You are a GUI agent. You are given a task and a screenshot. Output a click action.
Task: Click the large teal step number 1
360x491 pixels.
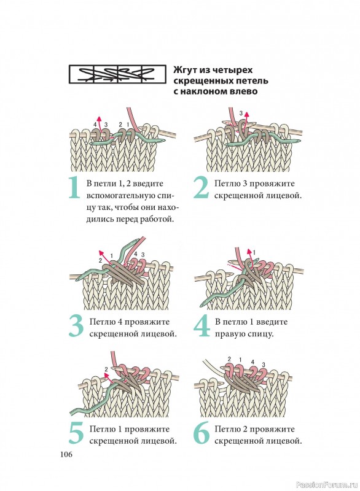click(x=74, y=188)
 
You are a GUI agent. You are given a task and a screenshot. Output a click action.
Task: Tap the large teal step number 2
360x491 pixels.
click(x=201, y=188)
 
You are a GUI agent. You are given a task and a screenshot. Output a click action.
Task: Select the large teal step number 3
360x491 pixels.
click(x=76, y=327)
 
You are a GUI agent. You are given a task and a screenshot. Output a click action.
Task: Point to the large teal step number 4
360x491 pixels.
click(x=202, y=327)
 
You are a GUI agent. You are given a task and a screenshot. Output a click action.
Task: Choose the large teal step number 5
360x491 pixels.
click(x=76, y=434)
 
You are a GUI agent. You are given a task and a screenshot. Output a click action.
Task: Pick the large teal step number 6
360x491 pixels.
click(x=202, y=434)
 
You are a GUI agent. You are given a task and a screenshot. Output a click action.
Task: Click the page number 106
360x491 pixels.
click(x=66, y=454)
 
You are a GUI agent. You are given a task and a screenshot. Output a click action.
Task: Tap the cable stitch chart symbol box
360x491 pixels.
click(x=117, y=74)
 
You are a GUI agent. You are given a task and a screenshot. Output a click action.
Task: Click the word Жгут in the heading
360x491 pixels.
click(x=184, y=70)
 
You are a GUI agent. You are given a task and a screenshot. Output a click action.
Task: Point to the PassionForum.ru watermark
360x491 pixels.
click(x=326, y=485)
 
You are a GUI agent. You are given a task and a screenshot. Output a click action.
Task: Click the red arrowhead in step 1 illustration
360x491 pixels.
click(x=100, y=118)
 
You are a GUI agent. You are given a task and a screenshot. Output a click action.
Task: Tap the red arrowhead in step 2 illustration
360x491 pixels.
click(x=246, y=114)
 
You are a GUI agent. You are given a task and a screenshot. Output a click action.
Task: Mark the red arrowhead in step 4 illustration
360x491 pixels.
click(x=249, y=251)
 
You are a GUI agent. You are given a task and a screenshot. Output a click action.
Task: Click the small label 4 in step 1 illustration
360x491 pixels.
click(x=95, y=125)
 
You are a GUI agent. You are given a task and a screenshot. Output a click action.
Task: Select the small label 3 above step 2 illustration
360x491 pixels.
click(x=241, y=113)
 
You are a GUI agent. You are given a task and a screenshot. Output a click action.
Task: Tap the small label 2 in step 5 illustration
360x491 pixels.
click(x=106, y=369)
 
